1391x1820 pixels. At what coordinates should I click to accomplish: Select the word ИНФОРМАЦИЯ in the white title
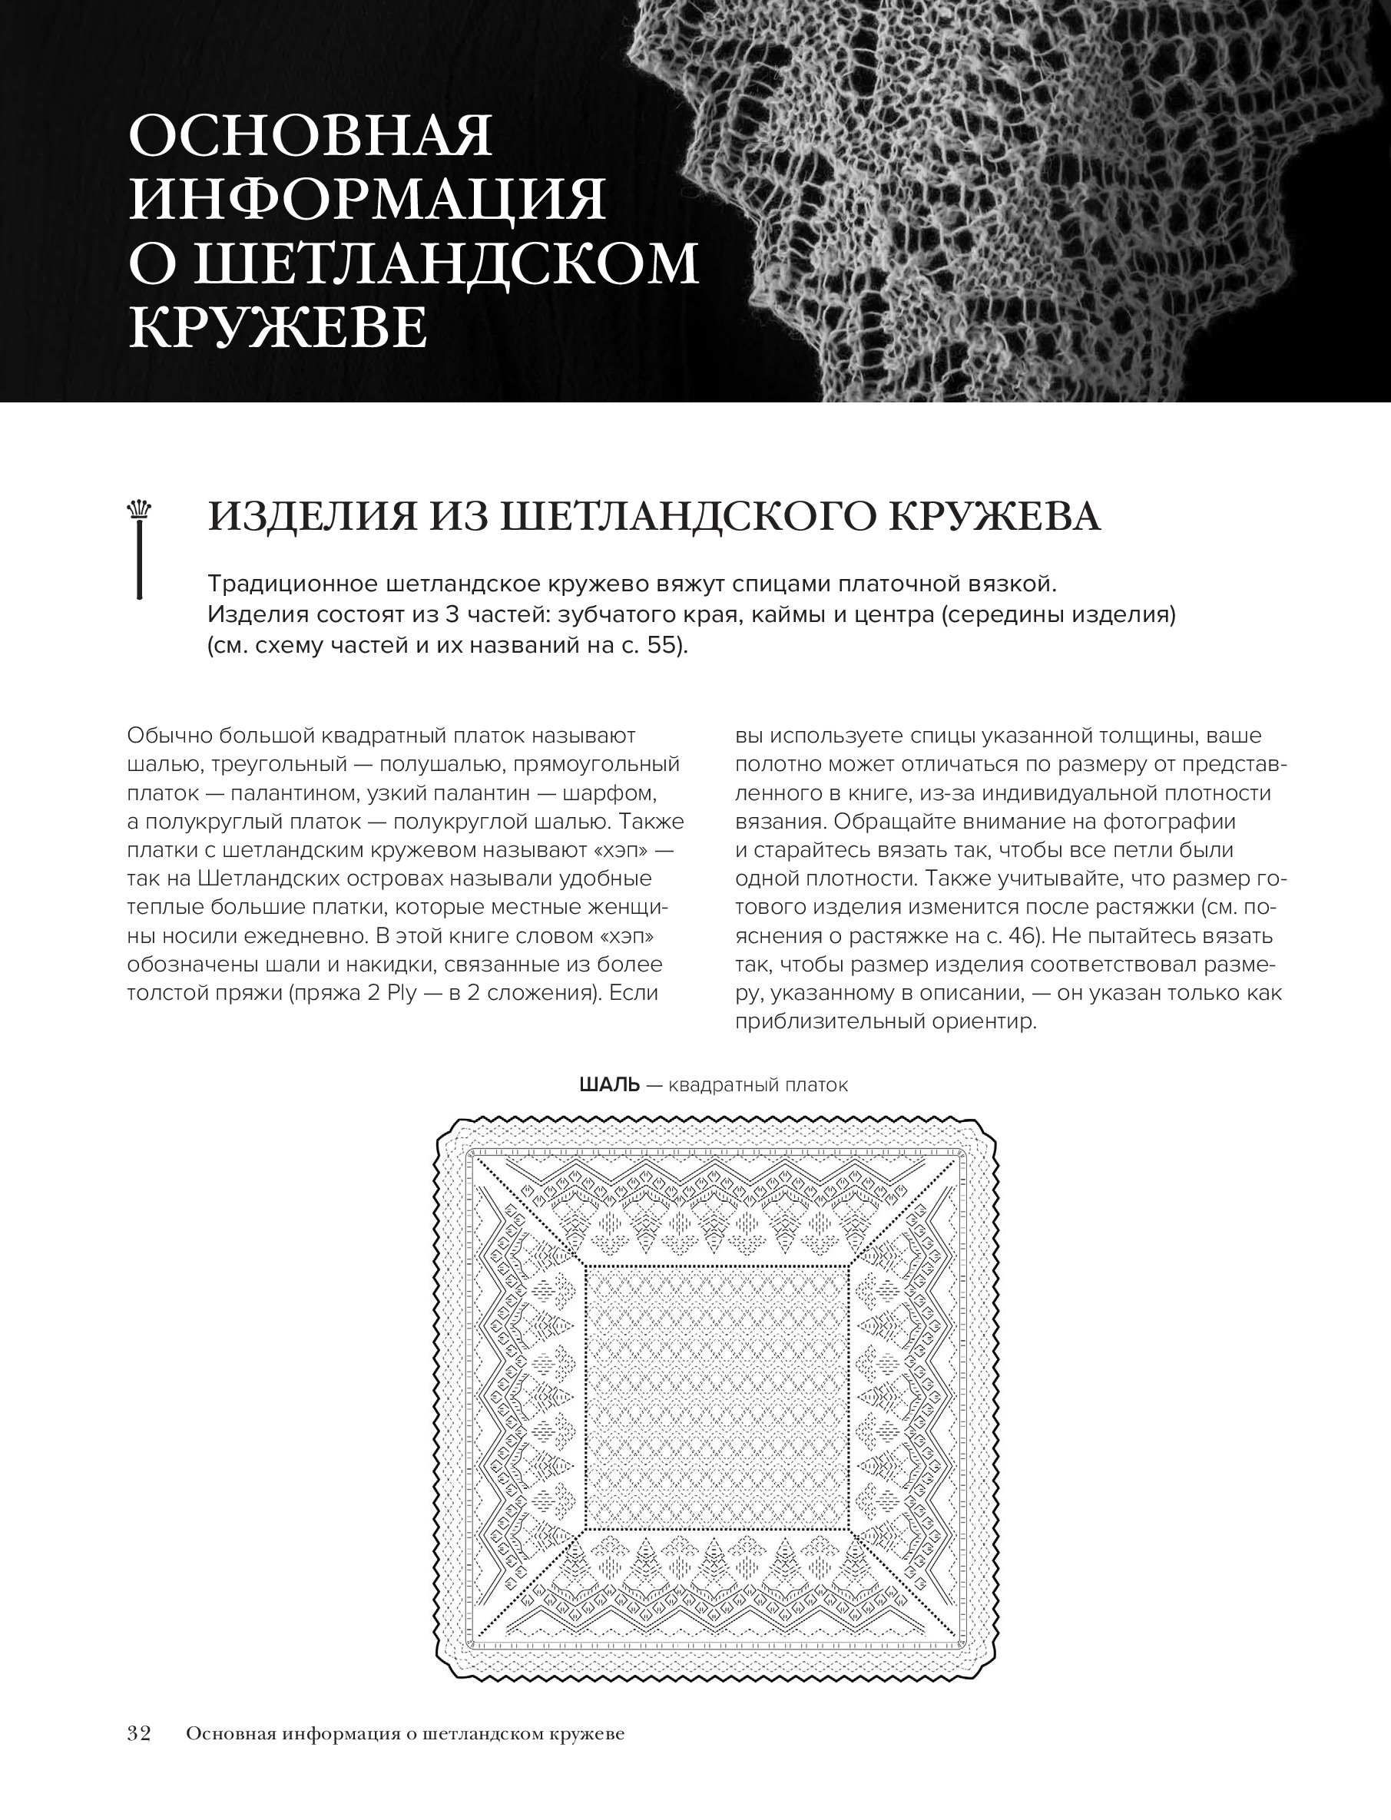point(368,200)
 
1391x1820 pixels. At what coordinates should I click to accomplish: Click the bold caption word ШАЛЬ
point(610,1085)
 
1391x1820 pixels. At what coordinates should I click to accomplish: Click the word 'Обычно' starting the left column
point(169,736)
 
